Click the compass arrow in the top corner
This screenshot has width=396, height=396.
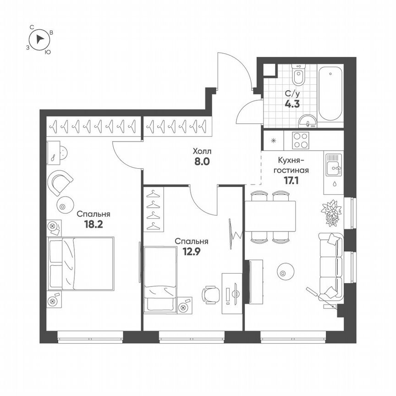[x=40, y=39]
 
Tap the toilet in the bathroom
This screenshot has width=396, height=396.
[x=298, y=76]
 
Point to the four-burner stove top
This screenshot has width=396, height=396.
[x=300, y=140]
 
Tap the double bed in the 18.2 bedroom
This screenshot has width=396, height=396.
[x=81, y=263]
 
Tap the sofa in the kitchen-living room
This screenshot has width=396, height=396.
[x=330, y=266]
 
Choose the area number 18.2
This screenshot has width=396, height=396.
[x=93, y=224]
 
